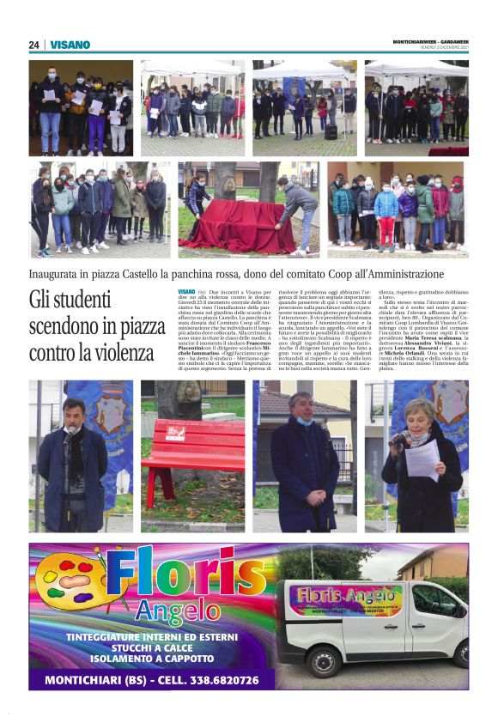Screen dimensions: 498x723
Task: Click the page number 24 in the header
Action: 33,45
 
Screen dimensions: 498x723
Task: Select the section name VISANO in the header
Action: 70,45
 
